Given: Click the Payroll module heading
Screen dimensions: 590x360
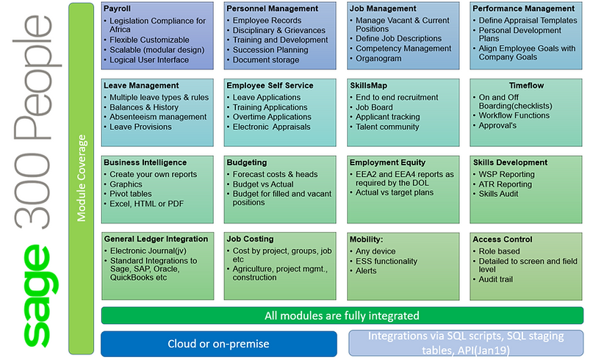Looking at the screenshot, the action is (117, 8).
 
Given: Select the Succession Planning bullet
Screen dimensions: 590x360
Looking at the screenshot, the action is (270, 50).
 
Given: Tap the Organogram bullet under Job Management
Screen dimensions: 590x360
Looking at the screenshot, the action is (378, 58).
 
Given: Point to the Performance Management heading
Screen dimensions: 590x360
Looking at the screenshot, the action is (523, 8).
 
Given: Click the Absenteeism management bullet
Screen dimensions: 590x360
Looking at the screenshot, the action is (158, 117).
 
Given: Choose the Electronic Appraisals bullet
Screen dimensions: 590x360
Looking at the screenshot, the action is (271, 127).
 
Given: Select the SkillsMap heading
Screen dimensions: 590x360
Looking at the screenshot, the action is (368, 85).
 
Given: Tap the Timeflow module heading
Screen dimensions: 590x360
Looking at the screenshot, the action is (526, 85).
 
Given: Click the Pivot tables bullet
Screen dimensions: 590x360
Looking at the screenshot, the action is (131, 194).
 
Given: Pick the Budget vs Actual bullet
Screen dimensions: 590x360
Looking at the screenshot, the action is (262, 184).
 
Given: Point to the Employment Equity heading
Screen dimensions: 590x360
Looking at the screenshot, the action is (387, 162).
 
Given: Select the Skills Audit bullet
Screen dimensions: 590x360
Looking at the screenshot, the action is (498, 194).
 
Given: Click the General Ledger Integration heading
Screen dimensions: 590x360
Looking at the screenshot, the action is (156, 239).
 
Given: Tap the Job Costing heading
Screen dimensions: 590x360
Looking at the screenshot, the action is (250, 239).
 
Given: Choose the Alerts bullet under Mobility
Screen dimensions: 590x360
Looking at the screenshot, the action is (366, 271).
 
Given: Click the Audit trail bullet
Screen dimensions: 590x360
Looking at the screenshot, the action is (495, 279).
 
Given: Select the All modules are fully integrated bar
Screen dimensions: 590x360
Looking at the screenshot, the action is (342, 315).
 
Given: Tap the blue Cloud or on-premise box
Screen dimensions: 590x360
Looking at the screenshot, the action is (219, 344).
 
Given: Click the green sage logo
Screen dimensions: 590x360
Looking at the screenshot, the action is (40, 295).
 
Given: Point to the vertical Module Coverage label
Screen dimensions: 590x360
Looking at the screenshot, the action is (82, 178).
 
